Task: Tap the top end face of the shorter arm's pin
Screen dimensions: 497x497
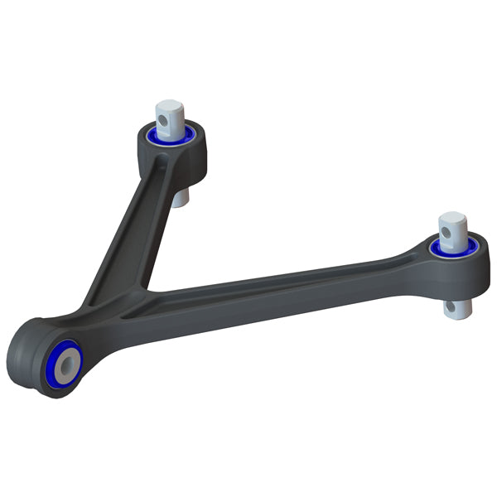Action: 169,105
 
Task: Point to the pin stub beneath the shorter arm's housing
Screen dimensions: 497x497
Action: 181,197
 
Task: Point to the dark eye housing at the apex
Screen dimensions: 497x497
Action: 29,364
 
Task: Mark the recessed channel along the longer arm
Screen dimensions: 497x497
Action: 282,286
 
